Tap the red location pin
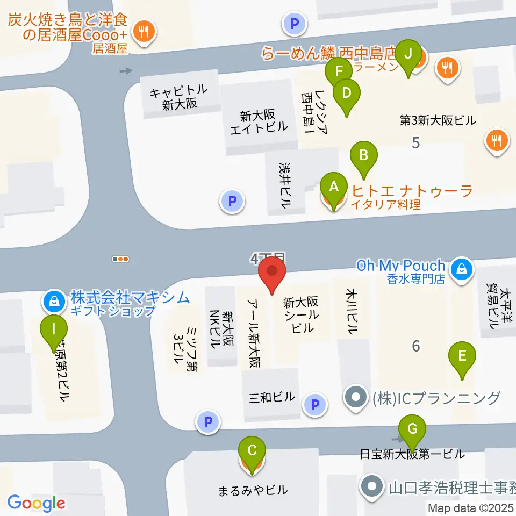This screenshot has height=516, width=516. [x=272, y=273]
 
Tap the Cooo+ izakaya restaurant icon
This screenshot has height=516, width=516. [x=144, y=31]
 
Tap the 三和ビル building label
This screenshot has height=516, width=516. [x=272, y=397]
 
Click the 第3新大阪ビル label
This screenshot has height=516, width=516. [x=438, y=120]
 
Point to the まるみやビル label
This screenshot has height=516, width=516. [x=253, y=490]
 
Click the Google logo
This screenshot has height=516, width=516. [x=37, y=503]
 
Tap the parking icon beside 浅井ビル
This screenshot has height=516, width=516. [x=232, y=202]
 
